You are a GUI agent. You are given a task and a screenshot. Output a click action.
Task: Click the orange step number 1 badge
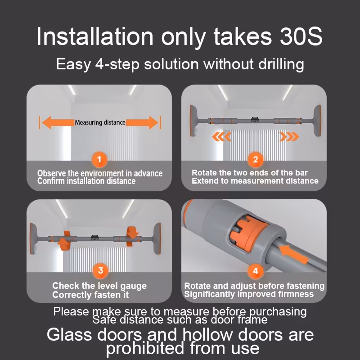point(99,159)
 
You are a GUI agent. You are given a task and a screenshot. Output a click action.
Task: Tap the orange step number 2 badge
point(255,159)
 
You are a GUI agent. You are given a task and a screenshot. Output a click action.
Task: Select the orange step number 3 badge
point(100,270)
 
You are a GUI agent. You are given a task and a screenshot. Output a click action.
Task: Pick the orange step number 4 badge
point(255,271)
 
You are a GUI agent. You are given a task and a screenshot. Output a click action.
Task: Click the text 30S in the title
point(301,37)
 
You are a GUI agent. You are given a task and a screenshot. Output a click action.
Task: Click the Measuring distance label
point(100,122)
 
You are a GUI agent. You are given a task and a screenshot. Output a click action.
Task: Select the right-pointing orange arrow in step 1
point(142,122)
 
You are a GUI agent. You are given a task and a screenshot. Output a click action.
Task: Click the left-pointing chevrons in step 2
point(221,137)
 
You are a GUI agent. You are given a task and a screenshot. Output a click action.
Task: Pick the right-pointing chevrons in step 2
point(289,137)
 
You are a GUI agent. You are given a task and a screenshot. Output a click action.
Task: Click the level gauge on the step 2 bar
point(255,120)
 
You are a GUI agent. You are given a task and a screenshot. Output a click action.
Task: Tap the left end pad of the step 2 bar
point(193,121)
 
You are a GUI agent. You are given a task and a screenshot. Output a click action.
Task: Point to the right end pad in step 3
point(157,238)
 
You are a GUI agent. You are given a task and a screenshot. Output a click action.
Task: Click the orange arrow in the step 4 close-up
point(293,254)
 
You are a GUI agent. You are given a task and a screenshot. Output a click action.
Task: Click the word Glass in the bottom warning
point(69,334)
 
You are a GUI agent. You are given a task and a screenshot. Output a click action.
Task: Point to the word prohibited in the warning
point(145,348)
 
